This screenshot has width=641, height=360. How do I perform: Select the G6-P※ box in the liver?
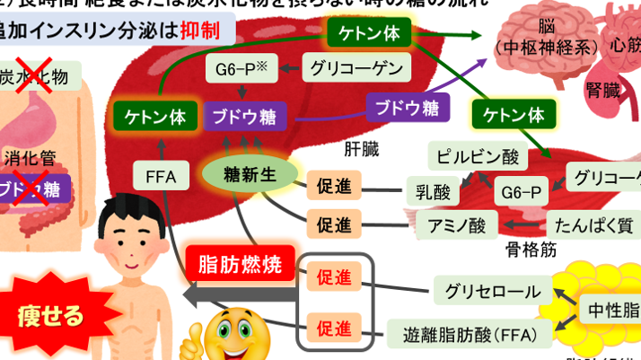point(238,69)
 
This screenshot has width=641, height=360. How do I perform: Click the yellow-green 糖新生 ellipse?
point(243,175)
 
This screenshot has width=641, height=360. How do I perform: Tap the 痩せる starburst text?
point(50,314)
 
